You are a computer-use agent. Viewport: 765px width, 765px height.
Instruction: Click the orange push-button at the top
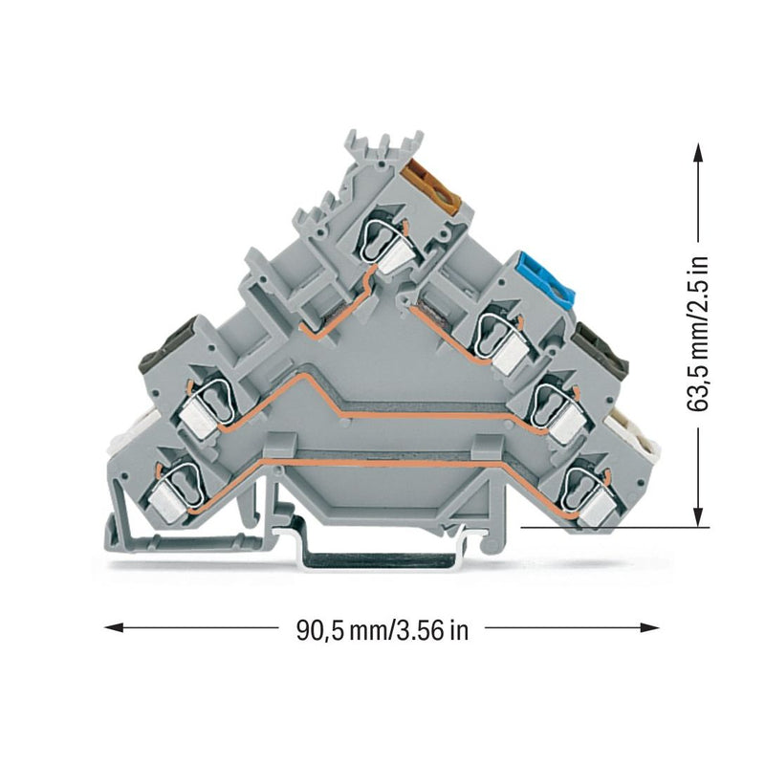(x=433, y=187)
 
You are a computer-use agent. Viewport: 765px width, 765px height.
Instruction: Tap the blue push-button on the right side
(x=548, y=277)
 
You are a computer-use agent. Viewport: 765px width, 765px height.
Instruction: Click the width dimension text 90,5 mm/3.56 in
(x=382, y=630)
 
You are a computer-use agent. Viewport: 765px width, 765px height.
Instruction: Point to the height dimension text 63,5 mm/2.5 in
(x=697, y=334)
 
